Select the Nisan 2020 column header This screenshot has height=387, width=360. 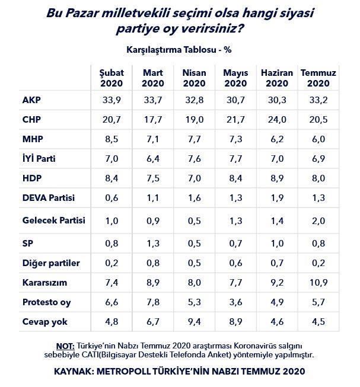click(194, 78)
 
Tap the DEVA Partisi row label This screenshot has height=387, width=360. click(47, 199)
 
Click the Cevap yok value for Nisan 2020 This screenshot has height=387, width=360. click(194, 322)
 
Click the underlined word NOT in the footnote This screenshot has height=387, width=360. click(65, 345)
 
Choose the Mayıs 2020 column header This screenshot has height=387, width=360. click(235, 78)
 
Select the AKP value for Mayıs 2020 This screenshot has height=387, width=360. click(235, 99)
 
